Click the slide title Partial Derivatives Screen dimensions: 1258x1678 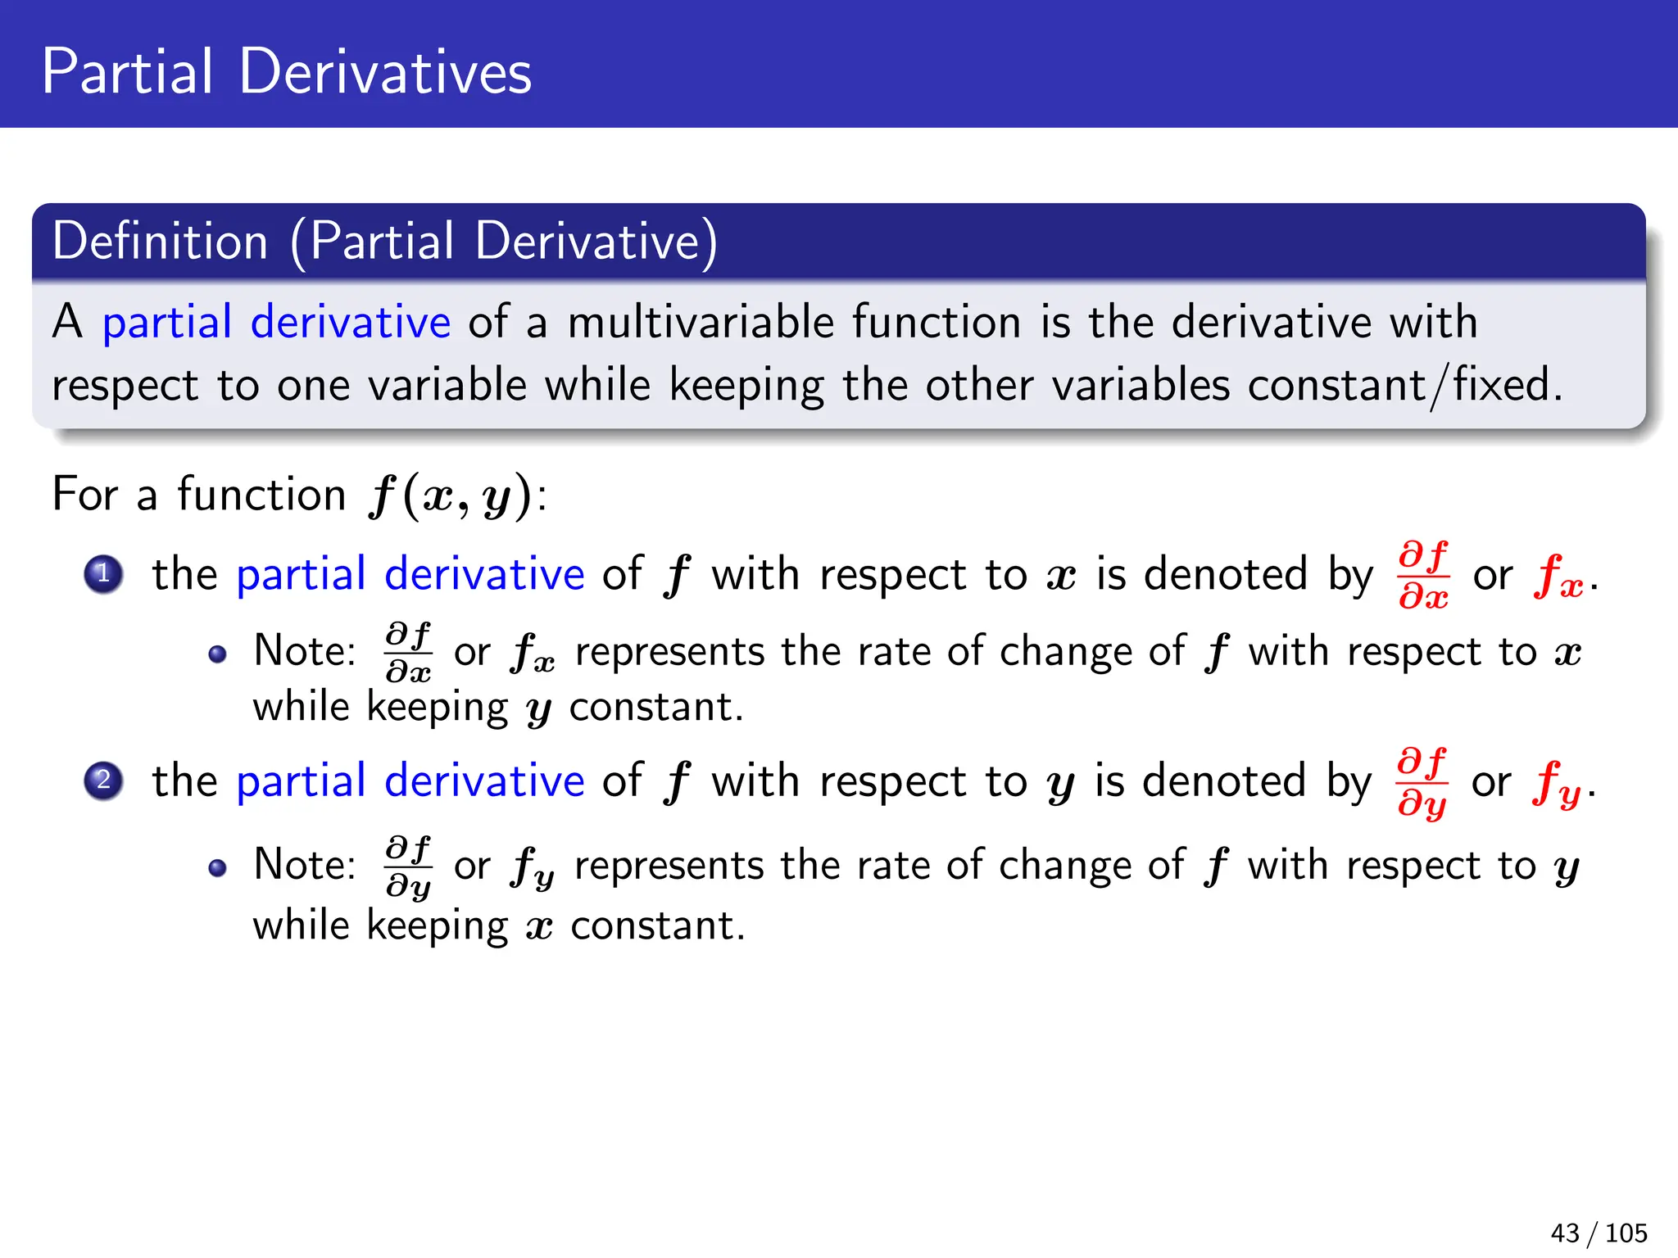coord(287,72)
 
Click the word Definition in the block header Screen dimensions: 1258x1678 coord(161,242)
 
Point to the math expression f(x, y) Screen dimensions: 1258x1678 coord(451,496)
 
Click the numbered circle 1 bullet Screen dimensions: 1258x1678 coord(103,574)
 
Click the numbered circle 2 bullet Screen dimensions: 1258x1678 coord(103,781)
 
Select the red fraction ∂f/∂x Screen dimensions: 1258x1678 coord(1424,575)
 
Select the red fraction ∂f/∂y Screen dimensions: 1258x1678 coord(1422,782)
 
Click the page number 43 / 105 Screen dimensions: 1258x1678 coord(1599,1233)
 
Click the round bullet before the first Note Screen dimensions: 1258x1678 coord(217,654)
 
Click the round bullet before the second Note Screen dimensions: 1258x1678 coord(217,868)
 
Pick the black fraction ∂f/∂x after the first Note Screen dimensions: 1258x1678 coord(409,653)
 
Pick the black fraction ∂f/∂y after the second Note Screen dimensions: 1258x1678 coord(409,867)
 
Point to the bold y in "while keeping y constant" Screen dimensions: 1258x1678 coord(538,709)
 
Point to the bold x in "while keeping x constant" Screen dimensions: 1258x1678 coord(539,927)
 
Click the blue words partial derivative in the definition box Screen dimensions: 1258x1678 coord(276,322)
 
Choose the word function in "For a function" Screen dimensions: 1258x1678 coord(261,495)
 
